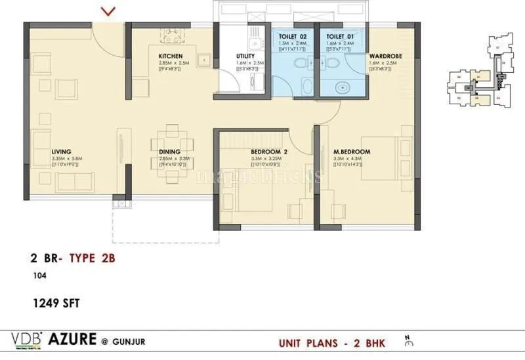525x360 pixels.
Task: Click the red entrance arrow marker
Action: [110, 10]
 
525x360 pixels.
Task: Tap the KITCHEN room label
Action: [169, 56]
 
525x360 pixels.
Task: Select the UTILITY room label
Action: [245, 56]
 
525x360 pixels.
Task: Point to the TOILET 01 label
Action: [337, 37]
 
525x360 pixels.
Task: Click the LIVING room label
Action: [61, 151]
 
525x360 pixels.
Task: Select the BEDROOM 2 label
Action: [266, 151]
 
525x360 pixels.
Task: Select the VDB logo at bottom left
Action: [28, 339]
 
